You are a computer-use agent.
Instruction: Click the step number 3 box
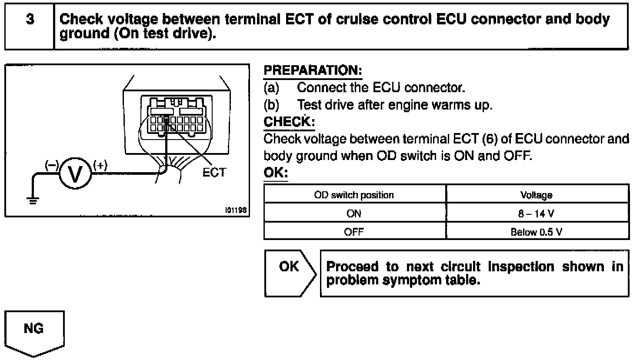coord(30,26)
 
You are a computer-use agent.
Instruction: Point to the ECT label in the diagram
coord(214,173)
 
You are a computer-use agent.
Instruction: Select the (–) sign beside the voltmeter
coord(52,165)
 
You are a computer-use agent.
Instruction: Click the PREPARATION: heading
coord(313,70)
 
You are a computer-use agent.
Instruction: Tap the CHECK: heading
coord(289,122)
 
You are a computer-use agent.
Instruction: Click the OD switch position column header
coord(354,195)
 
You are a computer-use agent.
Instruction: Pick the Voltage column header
coord(537,195)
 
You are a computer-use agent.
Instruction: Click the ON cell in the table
coord(354,213)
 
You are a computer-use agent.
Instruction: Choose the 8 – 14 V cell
coord(537,213)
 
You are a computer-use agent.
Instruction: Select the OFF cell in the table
coord(354,232)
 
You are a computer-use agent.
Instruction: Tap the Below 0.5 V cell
coord(537,232)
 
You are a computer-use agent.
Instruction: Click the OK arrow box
coord(290,273)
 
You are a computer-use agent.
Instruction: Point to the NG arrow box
coord(34,330)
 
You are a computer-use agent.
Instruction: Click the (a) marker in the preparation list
coord(271,88)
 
